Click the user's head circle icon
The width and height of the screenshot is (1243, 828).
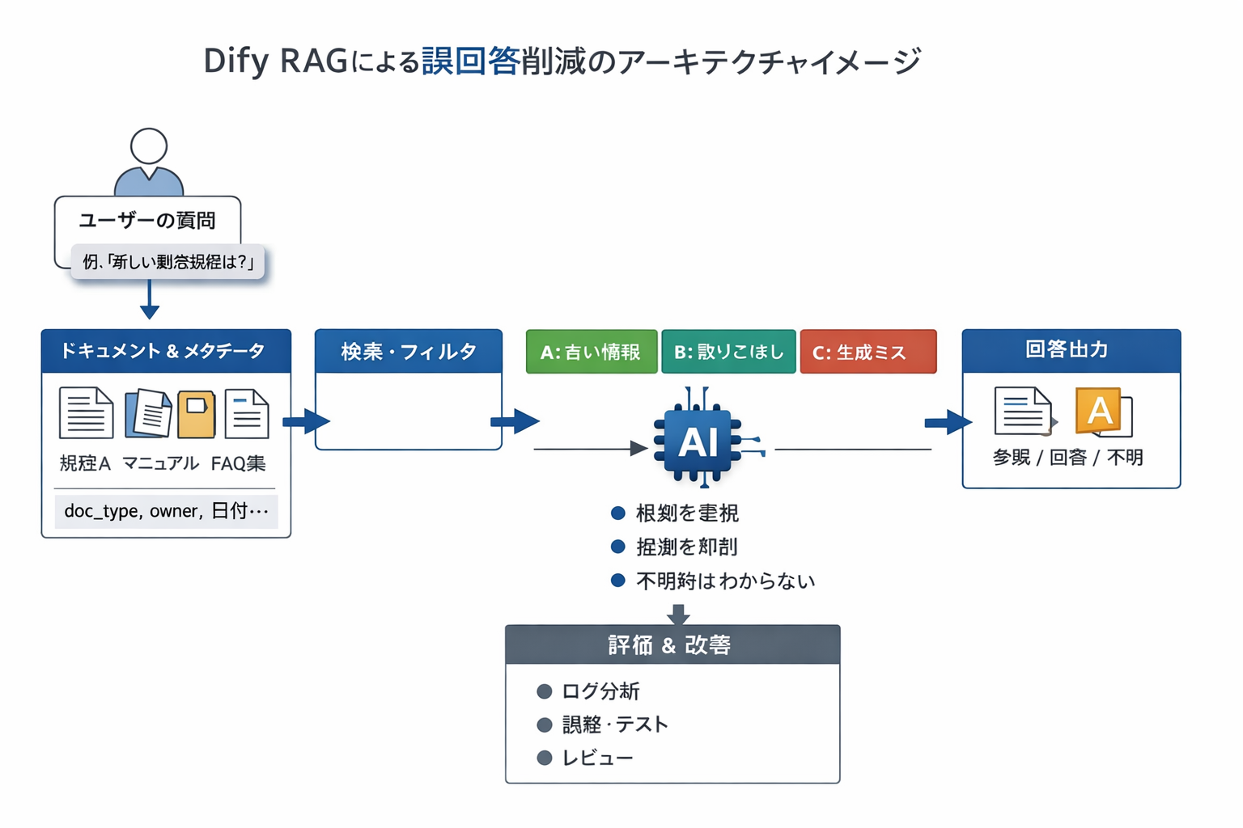[149, 146]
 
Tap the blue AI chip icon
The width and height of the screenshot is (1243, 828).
[698, 441]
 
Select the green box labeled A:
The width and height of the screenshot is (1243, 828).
[591, 352]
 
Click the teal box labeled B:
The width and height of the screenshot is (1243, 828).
[728, 352]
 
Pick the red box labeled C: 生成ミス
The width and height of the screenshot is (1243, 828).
[868, 352]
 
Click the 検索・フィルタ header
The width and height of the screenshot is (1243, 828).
[408, 352]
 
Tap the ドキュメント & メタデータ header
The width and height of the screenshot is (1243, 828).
[166, 351]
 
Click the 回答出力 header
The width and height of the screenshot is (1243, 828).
[1070, 350]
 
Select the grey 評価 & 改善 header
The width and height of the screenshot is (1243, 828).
[672, 644]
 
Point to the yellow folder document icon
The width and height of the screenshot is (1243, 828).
[196, 413]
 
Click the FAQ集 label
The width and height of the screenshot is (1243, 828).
[238, 463]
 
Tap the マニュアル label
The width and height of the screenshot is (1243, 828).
[160, 463]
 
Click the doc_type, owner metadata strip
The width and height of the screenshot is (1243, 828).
[166, 511]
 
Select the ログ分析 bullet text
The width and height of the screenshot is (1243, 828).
[600, 691]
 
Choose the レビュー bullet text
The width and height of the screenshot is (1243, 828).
[597, 758]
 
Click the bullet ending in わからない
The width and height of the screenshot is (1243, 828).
[725, 581]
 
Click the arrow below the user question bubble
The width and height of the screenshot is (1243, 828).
[150, 301]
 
